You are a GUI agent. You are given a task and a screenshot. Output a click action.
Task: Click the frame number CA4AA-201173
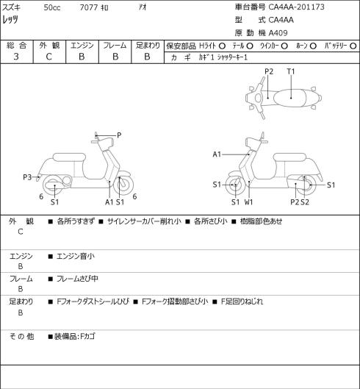tap(297, 7)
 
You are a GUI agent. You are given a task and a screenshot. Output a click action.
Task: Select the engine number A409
tap(278, 33)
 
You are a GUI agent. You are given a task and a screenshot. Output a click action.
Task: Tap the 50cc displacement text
tap(52, 7)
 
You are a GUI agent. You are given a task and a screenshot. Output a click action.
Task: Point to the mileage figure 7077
tap(88, 7)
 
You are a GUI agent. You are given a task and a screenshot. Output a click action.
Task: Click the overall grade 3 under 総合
tap(16, 57)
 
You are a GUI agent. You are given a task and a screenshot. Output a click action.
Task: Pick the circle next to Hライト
tap(222, 46)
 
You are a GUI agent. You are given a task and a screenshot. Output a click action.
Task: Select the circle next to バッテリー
tap(353, 46)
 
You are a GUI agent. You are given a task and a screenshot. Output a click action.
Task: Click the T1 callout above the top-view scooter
tap(291, 71)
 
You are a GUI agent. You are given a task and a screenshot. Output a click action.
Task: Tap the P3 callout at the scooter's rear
tap(27, 177)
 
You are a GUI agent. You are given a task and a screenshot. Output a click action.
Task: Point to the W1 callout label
tap(248, 202)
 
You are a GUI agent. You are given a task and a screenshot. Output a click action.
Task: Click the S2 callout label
tap(305, 202)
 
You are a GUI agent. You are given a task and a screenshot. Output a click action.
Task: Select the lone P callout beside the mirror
tap(119, 135)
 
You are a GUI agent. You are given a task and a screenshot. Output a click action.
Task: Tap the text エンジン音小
tap(76, 256)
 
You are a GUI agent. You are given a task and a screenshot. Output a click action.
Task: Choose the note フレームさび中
tap(77, 279)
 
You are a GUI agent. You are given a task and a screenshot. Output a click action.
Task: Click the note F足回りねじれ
tap(242, 301)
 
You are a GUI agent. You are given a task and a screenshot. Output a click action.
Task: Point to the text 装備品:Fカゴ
tap(75, 336)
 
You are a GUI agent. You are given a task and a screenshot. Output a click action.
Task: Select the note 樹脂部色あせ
tap(261, 221)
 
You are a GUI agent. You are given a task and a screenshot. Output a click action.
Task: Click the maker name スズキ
tap(11, 7)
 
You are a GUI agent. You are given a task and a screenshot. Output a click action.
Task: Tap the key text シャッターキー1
tap(232, 57)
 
